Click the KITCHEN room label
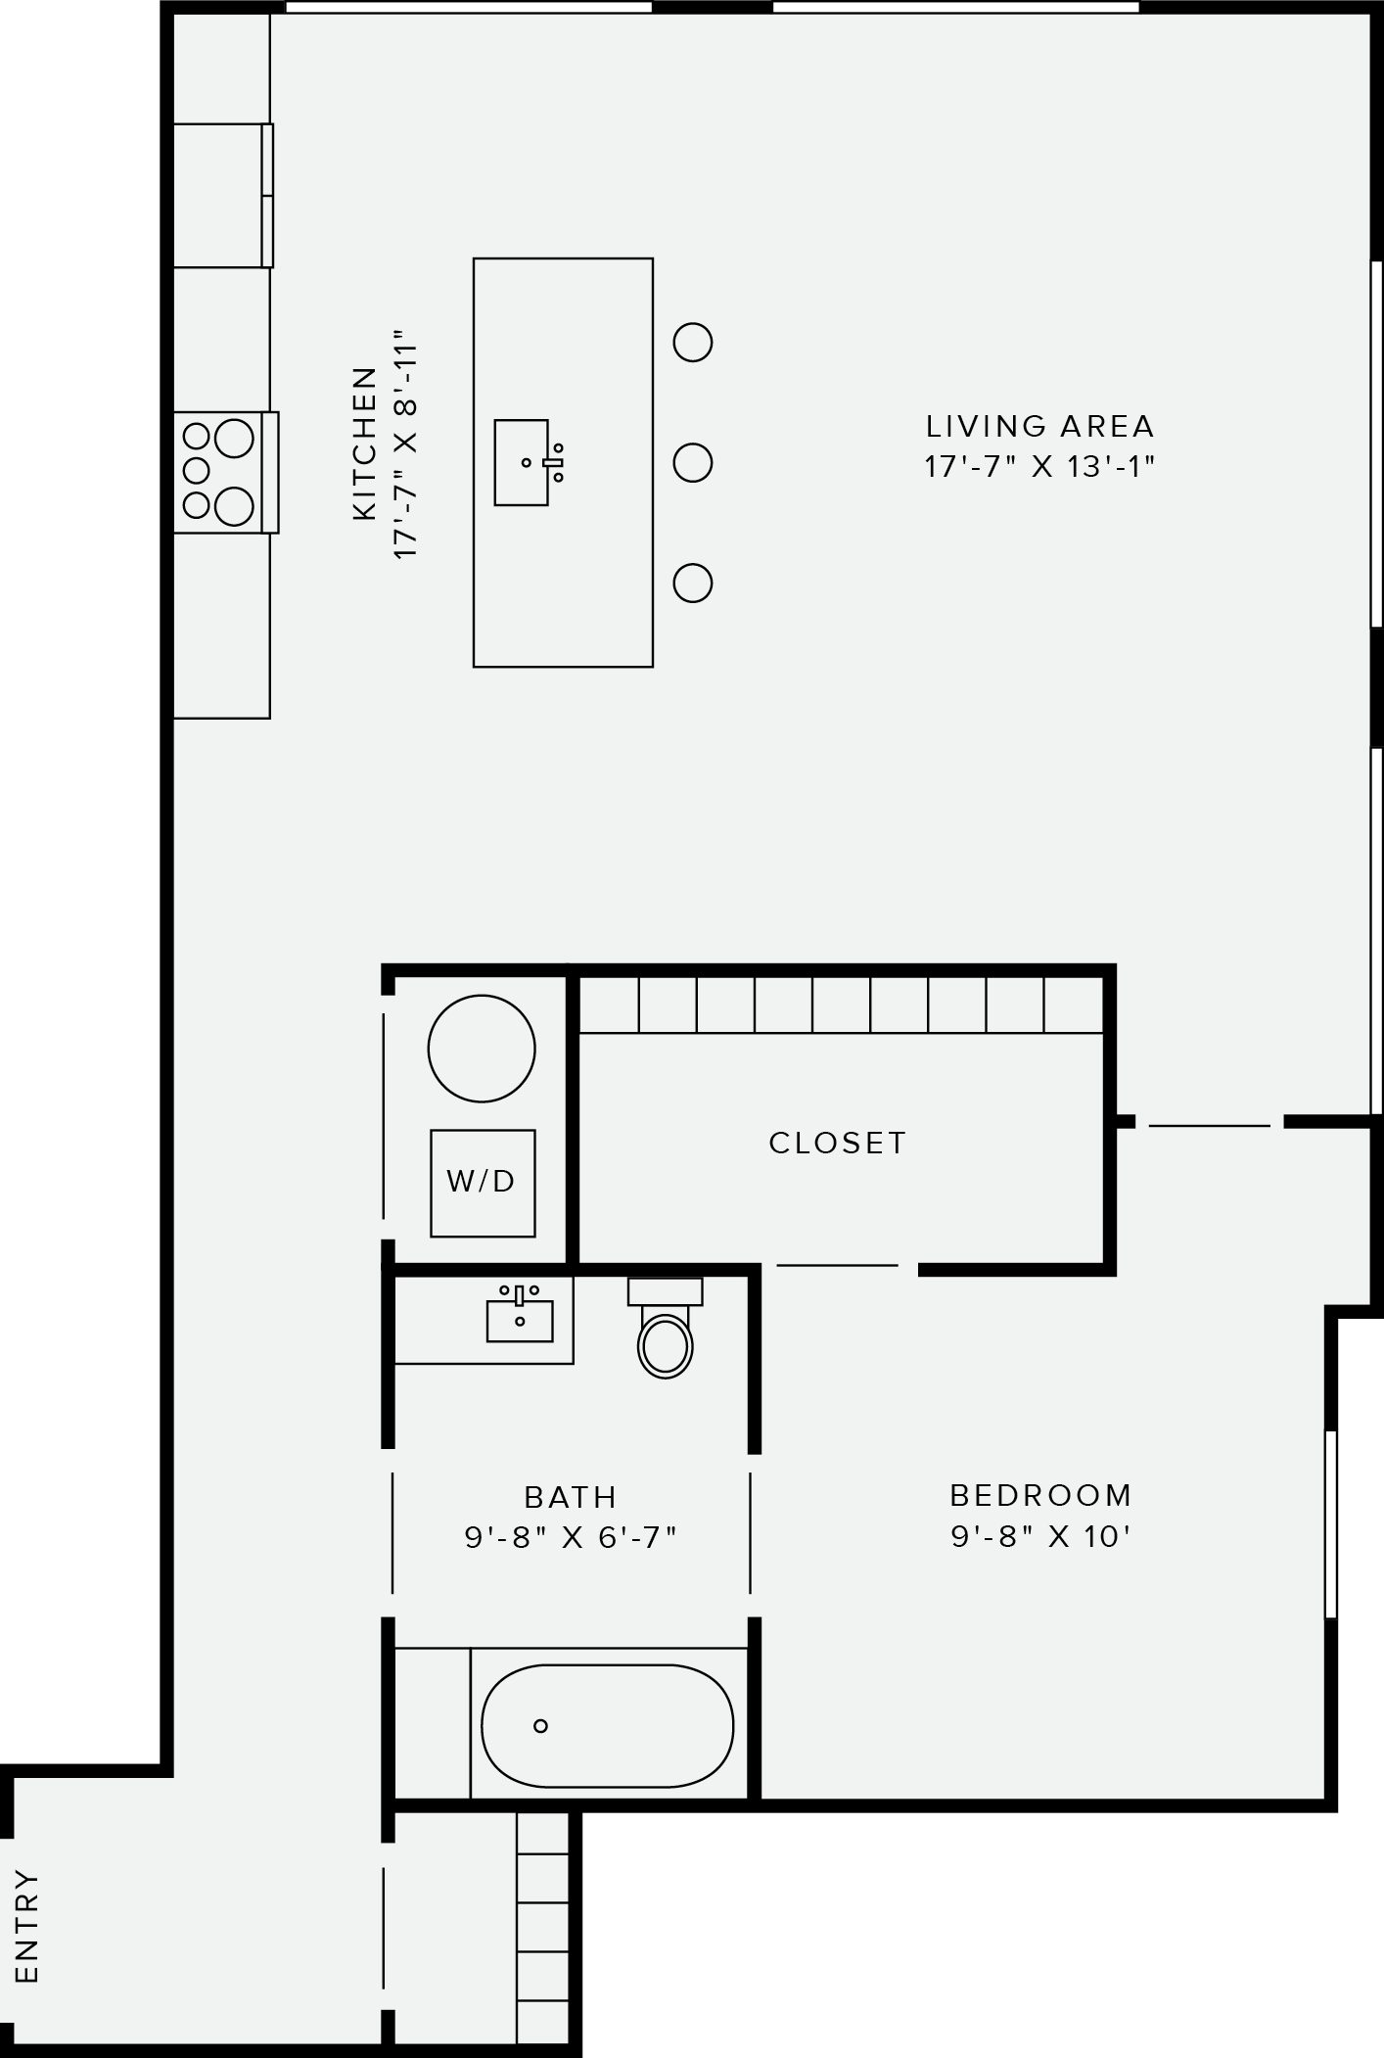pyautogui.click(x=364, y=444)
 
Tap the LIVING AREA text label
pyautogui.click(x=1039, y=426)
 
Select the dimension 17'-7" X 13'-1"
pyautogui.click(x=1039, y=467)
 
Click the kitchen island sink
pyautogui.click(x=522, y=463)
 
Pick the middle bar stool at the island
pyautogui.click(x=692, y=462)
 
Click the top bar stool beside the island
pyautogui.click(x=692, y=343)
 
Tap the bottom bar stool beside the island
pyautogui.click(x=692, y=583)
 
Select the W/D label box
pyautogui.click(x=483, y=1182)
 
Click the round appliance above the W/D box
pyautogui.click(x=482, y=1049)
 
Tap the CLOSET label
pyautogui.click(x=838, y=1143)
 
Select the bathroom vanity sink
pyautogui.click(x=520, y=1319)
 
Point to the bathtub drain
pyautogui.click(x=540, y=1726)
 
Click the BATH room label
pyautogui.click(x=571, y=1497)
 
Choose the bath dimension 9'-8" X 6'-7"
pyautogui.click(x=571, y=1537)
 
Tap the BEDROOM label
pyautogui.click(x=1040, y=1495)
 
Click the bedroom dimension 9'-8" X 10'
pyautogui.click(x=1040, y=1536)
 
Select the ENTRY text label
pyautogui.click(x=27, y=1926)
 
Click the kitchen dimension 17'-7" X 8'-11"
pyautogui.click(x=406, y=450)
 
